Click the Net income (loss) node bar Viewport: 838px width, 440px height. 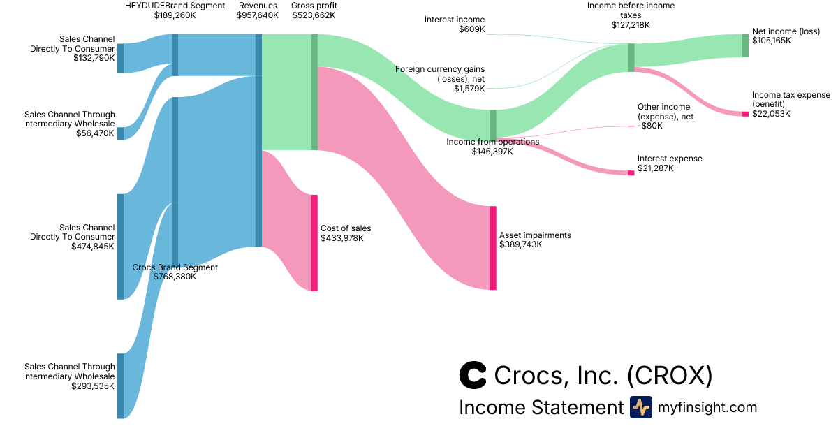745,45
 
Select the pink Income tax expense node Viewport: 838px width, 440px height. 745,114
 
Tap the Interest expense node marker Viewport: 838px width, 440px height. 631,173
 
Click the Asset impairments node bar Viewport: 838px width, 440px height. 493,248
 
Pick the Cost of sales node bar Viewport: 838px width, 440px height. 314,242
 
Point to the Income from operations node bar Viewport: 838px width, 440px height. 493,125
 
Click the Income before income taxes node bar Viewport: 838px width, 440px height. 631,57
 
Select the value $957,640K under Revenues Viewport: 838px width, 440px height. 258,15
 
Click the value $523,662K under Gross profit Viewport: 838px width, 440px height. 314,15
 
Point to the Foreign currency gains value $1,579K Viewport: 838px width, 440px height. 469,88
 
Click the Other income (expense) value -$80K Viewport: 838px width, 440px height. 650,126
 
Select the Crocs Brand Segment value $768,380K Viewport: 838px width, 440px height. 175,277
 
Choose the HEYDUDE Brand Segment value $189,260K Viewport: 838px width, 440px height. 175,15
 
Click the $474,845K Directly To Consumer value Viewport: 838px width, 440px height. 93,247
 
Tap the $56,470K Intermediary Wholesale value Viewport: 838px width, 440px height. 95,133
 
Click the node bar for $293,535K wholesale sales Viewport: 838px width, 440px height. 120,386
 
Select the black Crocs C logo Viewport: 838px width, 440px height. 473,375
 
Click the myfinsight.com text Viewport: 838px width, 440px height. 707,407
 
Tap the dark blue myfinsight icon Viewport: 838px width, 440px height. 641,407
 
